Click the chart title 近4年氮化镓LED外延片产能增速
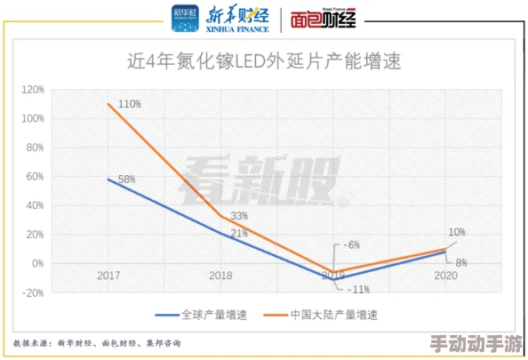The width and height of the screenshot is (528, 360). tap(264, 61)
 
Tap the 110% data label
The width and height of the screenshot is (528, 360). tap(130, 104)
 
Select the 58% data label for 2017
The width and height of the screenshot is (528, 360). tap(126, 180)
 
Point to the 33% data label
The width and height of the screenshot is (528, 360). tap(239, 216)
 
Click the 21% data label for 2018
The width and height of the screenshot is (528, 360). tap(239, 234)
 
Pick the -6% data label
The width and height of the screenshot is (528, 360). tap(352, 244)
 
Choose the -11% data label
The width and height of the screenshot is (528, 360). tap(358, 289)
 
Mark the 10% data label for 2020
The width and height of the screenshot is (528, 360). tap(456, 232)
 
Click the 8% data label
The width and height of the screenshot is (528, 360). tap(461, 262)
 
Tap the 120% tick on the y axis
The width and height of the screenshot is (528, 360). tap(33, 90)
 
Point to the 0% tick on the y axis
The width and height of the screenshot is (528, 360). tap(37, 263)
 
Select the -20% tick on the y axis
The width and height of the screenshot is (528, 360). tap(33, 292)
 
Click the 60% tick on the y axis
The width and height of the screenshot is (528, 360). tap(35, 176)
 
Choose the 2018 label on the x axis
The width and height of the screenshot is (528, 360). tap(220, 276)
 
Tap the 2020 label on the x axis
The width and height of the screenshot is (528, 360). tap(445, 276)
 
